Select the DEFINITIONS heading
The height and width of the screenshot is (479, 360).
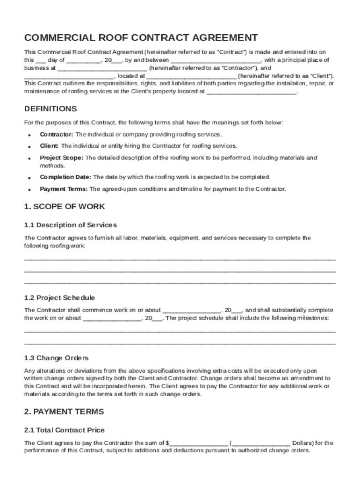(50, 109)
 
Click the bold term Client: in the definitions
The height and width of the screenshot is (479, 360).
(49, 146)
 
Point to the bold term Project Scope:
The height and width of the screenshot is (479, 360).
(61, 158)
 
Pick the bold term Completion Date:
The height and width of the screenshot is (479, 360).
(66, 177)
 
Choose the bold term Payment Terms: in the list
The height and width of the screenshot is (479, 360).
(64, 189)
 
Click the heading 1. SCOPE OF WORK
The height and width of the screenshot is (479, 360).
(65, 207)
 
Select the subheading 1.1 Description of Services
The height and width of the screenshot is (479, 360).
(71, 225)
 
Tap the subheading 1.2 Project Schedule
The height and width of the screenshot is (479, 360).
(59, 298)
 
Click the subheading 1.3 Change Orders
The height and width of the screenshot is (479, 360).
(57, 358)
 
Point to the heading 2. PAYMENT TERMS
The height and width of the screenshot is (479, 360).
(64, 412)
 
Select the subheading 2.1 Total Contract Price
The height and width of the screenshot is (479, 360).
(65, 430)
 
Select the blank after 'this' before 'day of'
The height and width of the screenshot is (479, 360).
(41, 61)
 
